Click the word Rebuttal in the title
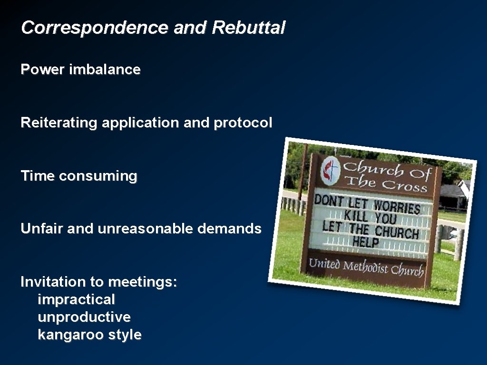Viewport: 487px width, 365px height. point(249,28)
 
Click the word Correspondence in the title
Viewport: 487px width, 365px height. point(95,28)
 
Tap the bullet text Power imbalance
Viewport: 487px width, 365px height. point(80,69)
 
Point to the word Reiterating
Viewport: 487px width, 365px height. point(58,123)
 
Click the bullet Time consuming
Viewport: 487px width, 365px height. point(79,176)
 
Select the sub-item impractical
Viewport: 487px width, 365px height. point(76,299)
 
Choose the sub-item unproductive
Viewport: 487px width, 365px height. point(84,317)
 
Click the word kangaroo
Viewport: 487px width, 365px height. point(71,335)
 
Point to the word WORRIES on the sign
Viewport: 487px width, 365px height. point(397,207)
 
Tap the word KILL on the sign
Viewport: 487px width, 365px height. point(356,215)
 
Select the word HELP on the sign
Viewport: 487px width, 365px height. point(366,242)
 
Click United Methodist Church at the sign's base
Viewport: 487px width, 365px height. point(366,267)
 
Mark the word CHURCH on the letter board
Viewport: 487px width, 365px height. point(397,232)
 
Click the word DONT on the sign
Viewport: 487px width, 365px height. point(329,201)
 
